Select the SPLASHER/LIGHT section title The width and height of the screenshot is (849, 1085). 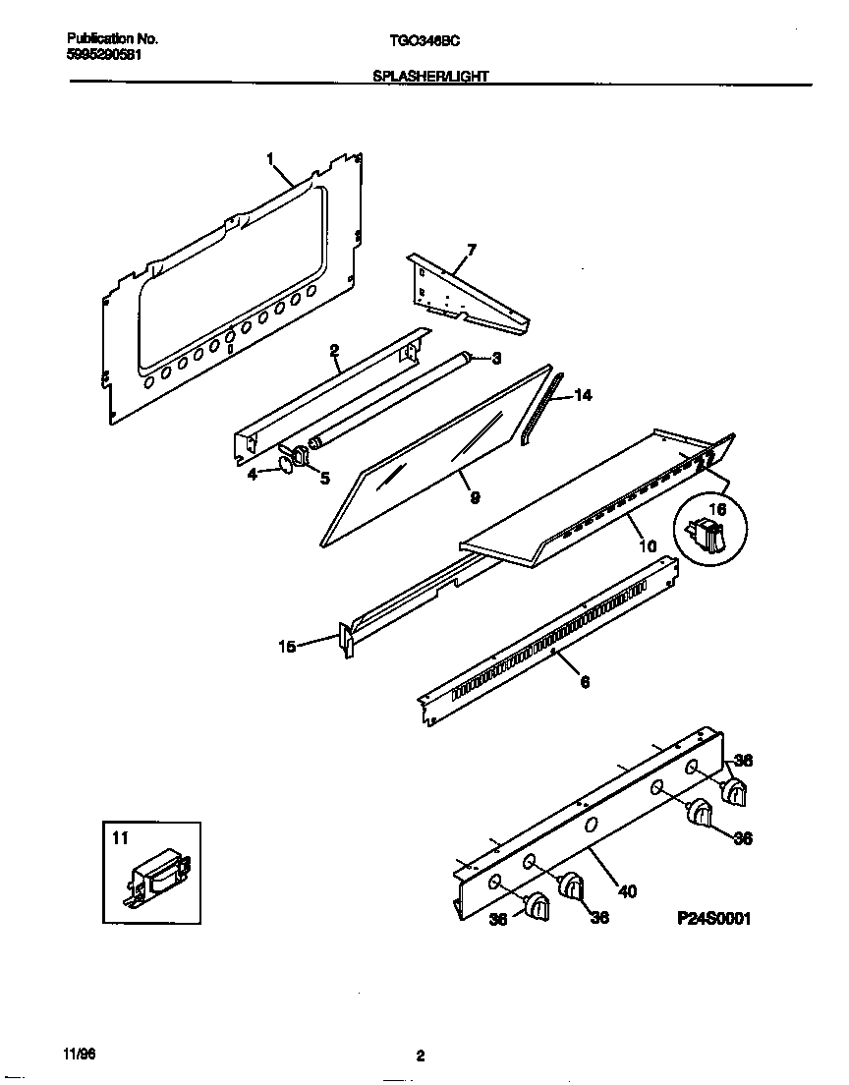(x=431, y=75)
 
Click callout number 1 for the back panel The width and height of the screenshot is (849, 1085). (x=270, y=157)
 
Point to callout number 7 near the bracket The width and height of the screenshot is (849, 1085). (x=471, y=251)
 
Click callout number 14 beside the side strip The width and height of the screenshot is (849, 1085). (x=583, y=395)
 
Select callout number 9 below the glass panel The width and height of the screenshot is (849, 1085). (x=475, y=498)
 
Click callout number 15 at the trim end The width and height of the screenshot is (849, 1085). (x=287, y=646)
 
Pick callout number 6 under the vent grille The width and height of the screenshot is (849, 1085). (x=585, y=681)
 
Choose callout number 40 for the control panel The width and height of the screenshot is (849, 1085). (x=627, y=891)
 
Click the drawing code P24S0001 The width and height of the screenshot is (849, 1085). (x=714, y=919)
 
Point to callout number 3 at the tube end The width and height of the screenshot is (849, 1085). (x=496, y=357)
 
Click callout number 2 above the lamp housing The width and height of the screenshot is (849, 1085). (x=334, y=350)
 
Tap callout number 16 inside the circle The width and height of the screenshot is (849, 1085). (x=717, y=511)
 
